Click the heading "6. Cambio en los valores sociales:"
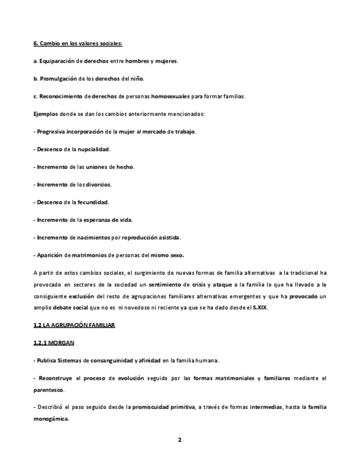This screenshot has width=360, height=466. click(x=77, y=43)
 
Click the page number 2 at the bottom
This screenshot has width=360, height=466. click(x=180, y=440)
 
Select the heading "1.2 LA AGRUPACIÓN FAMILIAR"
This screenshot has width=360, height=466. click(x=74, y=325)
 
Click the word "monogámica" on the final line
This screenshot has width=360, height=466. click(x=51, y=418)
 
